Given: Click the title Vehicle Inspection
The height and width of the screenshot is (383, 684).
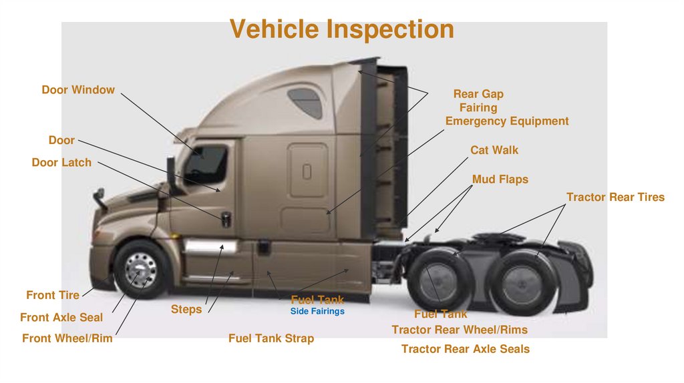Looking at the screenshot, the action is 341,29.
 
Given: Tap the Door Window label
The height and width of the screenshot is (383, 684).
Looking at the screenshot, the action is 78,89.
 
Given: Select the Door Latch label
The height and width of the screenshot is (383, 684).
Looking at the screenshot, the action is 61,162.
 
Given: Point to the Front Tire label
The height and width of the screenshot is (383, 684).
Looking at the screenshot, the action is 53,295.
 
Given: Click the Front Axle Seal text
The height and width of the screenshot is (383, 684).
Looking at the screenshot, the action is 61,318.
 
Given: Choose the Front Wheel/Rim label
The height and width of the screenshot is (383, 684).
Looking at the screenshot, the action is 67,338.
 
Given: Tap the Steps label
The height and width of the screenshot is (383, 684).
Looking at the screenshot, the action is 186,309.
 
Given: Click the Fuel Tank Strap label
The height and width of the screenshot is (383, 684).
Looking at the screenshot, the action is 271,338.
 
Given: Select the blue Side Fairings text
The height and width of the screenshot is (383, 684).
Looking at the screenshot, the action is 317,312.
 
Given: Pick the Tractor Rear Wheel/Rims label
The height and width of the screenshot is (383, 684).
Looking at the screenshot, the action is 460,330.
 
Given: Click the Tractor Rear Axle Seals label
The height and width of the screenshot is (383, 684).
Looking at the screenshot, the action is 465,348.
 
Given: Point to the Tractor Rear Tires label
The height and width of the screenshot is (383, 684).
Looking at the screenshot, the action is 615,197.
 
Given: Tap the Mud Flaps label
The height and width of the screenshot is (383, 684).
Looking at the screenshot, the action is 500,179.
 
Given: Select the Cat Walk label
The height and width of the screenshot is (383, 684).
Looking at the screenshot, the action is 494,150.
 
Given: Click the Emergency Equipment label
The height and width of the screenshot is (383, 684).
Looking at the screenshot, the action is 507,121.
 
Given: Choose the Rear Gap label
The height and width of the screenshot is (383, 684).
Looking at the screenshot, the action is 478,94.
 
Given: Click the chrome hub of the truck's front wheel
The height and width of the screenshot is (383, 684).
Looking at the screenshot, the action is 140,270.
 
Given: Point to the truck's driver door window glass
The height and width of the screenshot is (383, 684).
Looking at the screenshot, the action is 207,163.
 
